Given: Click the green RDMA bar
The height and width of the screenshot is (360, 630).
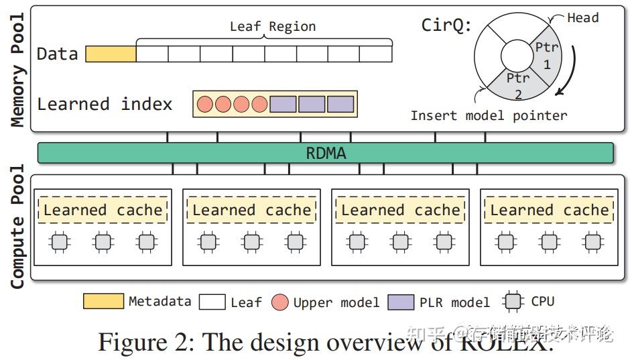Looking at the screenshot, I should (x=326, y=153).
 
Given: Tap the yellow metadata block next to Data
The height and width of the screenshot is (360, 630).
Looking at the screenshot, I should (x=111, y=54).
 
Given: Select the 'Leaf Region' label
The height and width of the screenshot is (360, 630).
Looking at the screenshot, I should (x=272, y=27).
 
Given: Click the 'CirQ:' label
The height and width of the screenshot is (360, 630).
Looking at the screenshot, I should (x=446, y=25).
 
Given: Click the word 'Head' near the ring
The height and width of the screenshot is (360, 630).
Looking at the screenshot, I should (x=582, y=18).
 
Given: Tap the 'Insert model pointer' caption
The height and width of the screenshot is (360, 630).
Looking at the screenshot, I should (x=489, y=115).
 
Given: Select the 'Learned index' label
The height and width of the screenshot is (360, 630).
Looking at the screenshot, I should (x=105, y=104).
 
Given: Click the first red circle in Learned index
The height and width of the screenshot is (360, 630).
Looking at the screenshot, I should (x=205, y=104).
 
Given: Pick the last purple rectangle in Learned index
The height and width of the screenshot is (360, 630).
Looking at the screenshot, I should (x=340, y=104).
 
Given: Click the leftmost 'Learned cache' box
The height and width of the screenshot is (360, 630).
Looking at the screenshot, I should (x=103, y=210).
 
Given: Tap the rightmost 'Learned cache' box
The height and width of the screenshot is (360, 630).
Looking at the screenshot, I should (x=549, y=210).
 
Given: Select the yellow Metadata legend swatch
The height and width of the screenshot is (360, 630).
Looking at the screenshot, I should (x=103, y=302).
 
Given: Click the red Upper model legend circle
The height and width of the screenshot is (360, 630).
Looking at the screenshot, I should (x=280, y=302).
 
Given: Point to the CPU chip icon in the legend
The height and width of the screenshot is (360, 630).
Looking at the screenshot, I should (x=514, y=302).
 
